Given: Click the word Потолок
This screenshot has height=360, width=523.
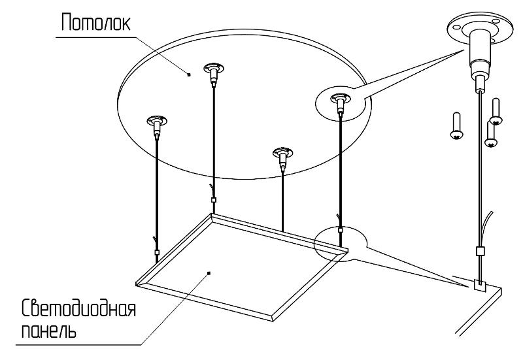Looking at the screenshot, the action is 95,23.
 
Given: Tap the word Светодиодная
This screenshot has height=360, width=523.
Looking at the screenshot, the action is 78,308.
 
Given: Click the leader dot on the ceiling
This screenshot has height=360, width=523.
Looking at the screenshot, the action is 189,74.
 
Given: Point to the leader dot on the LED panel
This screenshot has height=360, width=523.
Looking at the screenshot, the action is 209,273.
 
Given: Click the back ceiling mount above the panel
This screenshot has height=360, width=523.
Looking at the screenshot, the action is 214,73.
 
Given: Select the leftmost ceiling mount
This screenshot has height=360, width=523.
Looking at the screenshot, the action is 157,126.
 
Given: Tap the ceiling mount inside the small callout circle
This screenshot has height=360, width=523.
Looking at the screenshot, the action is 340,103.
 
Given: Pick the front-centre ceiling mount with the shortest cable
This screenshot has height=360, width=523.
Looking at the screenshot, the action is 283,157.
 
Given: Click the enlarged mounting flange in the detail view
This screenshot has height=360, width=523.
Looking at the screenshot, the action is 480,29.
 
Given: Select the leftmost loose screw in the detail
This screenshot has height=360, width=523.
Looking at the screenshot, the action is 456,125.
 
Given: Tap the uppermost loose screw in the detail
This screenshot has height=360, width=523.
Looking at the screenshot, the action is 496,112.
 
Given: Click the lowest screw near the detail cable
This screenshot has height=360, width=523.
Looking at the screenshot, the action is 491,135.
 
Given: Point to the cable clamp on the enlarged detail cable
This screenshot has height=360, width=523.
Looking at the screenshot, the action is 480,251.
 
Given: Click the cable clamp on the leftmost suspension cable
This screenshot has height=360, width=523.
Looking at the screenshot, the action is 157,252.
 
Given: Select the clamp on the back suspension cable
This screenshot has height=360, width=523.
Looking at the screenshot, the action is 214,200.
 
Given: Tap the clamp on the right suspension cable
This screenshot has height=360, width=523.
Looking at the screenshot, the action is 340,230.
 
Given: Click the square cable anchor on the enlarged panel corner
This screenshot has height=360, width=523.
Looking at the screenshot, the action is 480,285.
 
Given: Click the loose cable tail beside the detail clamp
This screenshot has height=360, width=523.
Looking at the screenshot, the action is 487,229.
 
